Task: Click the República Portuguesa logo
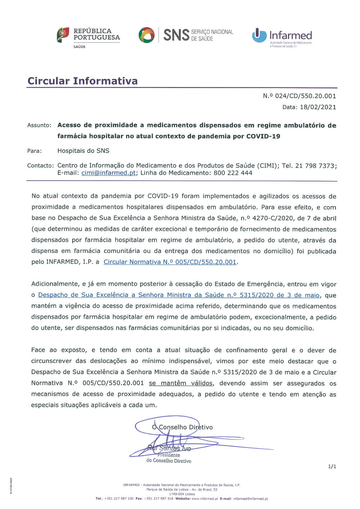click(89, 37)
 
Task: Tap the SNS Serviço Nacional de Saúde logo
click(186, 35)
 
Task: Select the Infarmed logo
click(282, 36)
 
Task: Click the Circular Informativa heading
click(82, 81)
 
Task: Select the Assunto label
click(39, 125)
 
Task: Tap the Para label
click(34, 151)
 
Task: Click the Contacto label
click(40, 166)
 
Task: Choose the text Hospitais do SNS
click(83, 151)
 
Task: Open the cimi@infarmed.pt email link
click(108, 173)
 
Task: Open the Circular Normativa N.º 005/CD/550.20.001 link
click(170, 262)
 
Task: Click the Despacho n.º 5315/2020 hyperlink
click(179, 295)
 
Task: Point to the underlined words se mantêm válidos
click(181, 383)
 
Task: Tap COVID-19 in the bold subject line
click(263, 136)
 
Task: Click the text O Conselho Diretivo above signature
click(182, 427)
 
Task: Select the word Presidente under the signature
click(168, 455)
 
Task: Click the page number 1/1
click(332, 467)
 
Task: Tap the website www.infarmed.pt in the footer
click(204, 499)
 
